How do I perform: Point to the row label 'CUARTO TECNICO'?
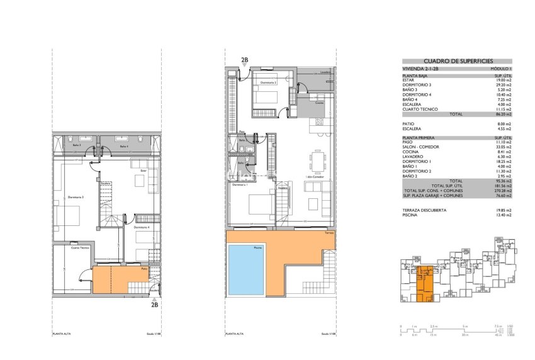point(417,110)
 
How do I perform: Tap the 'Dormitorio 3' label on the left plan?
point(75,197)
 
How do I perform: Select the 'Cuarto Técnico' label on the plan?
point(79,249)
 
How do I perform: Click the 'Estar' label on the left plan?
point(143,171)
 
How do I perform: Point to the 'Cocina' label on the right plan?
point(319,103)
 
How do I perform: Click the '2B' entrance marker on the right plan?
point(245,60)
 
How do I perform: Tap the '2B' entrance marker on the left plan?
point(154,305)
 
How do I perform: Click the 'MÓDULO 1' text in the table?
point(502,69)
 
